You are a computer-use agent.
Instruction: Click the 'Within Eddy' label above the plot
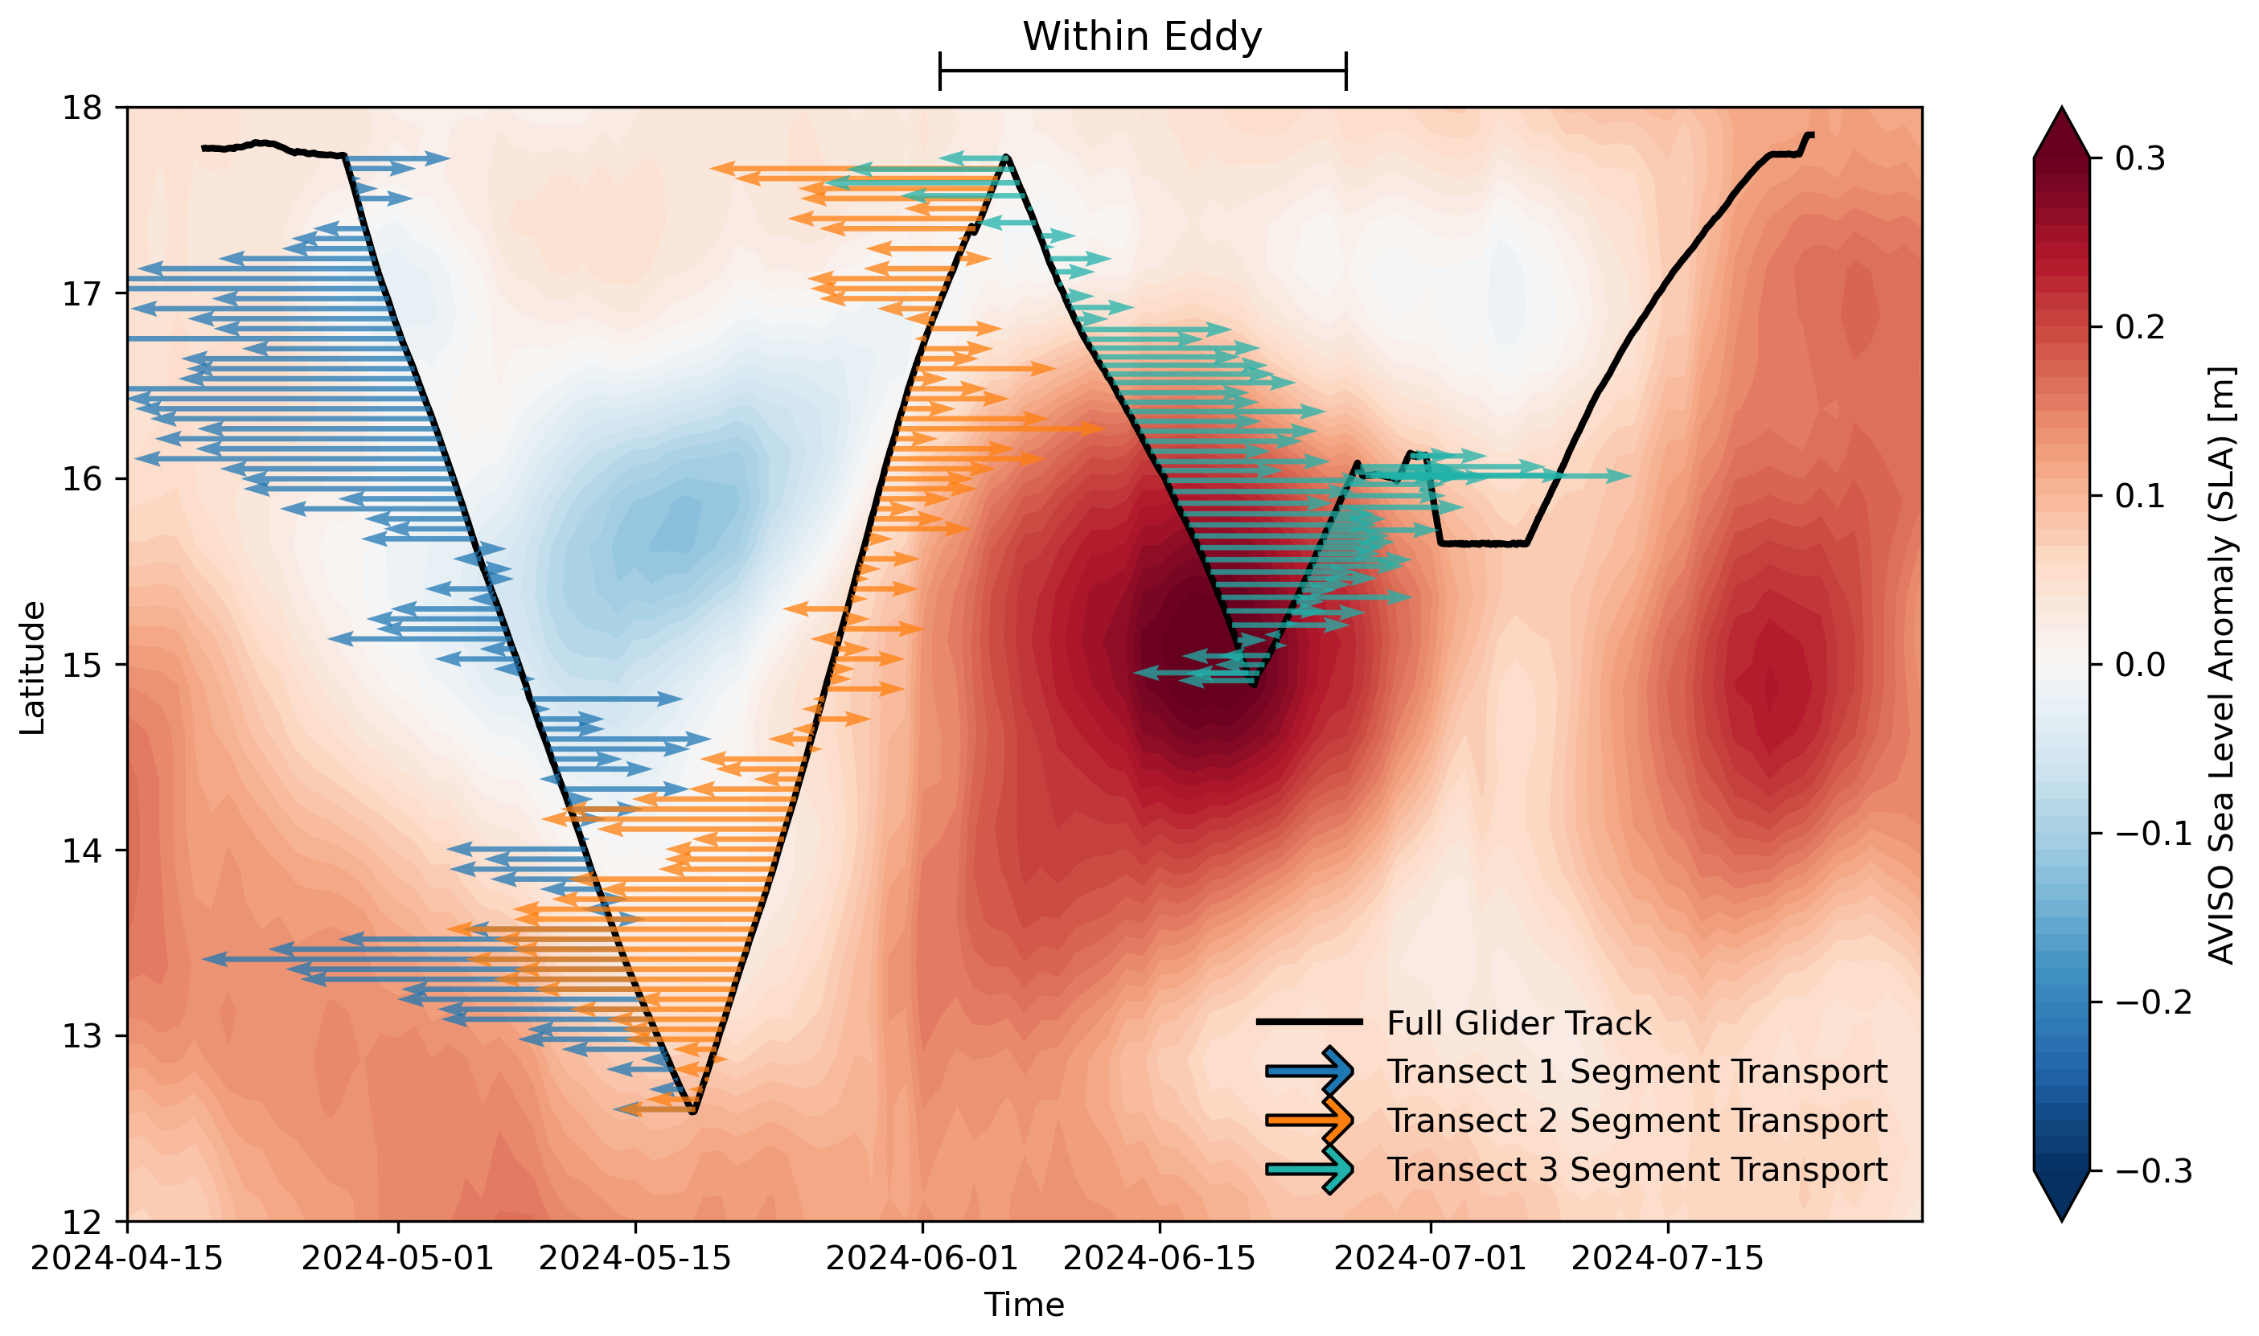tap(1142, 37)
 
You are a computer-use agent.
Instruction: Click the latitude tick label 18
tap(82, 108)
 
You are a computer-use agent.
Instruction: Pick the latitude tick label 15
tap(82, 666)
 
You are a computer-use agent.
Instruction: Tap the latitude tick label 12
tap(82, 1222)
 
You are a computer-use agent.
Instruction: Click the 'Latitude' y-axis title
tap(32, 667)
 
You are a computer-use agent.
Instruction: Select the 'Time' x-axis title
tap(1024, 1305)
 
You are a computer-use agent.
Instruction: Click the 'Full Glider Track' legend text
tap(1519, 1023)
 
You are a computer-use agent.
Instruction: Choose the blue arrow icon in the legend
tap(1309, 1072)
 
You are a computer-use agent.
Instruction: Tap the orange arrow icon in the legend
tap(1309, 1120)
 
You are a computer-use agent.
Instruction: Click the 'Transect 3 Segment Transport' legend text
tap(1637, 1170)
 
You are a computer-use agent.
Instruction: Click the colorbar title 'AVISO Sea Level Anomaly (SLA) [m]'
tap(2221, 666)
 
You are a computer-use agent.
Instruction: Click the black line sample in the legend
tap(1309, 1022)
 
